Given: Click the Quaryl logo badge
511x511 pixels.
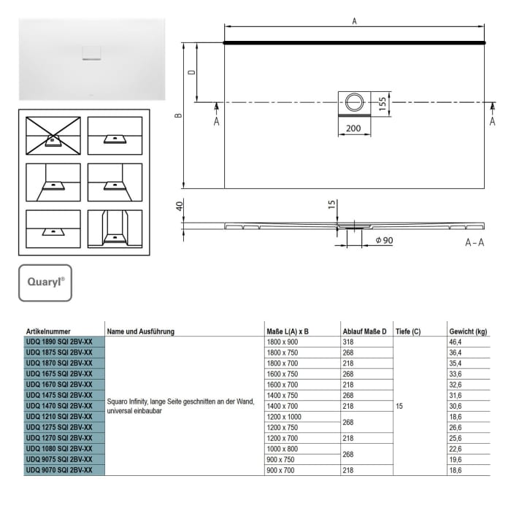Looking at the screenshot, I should coord(45,283).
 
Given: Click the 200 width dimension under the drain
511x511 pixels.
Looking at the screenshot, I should coord(354,128).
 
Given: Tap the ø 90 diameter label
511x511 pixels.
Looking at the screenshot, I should coord(385,241).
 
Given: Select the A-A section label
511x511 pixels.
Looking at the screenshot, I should coord(474,242).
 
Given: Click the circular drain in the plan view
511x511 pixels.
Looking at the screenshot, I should coord(354,101).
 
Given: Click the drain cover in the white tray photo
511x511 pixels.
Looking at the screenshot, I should coord(92,53).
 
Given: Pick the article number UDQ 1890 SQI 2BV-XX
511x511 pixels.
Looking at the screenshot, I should coord(59,341).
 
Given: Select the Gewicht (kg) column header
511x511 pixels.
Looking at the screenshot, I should coord(468,331).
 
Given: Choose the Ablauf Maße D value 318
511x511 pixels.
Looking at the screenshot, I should coord(350,341).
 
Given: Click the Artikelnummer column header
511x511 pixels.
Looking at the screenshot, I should coord(48,331).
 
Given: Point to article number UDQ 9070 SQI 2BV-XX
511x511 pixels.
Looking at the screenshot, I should coord(59,470).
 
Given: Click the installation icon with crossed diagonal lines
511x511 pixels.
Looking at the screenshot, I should coord(53,135).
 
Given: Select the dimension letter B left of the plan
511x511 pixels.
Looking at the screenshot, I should coord(179,115).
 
